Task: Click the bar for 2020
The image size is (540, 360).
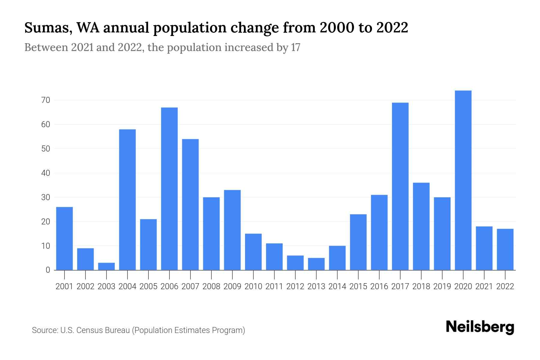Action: (463, 180)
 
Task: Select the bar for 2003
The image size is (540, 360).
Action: (106, 266)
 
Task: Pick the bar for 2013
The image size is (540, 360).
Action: (316, 264)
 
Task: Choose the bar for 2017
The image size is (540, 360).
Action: (400, 186)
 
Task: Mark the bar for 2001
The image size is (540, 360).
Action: (64, 238)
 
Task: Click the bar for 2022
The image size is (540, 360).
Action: (505, 249)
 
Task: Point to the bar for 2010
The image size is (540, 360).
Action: (253, 252)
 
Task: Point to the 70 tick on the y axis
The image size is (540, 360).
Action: (46, 100)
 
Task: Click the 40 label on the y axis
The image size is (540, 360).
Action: (46, 173)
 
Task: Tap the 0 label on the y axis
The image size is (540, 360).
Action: (48, 270)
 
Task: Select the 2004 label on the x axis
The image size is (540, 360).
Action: (127, 286)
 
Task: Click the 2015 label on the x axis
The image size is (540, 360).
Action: (358, 286)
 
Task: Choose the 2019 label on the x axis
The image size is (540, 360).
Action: (442, 286)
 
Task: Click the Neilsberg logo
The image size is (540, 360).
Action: (480, 327)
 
